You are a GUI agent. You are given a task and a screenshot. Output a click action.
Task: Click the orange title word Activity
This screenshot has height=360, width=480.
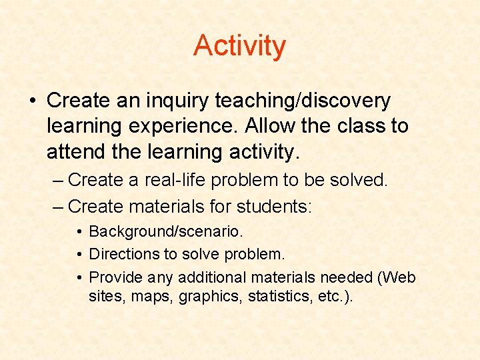(x=239, y=46)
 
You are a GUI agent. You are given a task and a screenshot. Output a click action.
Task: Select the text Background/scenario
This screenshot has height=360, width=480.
(x=166, y=231)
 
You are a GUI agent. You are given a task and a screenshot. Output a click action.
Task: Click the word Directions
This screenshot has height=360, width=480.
(x=127, y=254)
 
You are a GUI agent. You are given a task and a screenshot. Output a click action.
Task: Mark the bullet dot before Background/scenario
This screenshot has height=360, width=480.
(x=79, y=231)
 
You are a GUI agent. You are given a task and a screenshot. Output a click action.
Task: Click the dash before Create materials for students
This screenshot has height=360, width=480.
(x=59, y=207)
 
